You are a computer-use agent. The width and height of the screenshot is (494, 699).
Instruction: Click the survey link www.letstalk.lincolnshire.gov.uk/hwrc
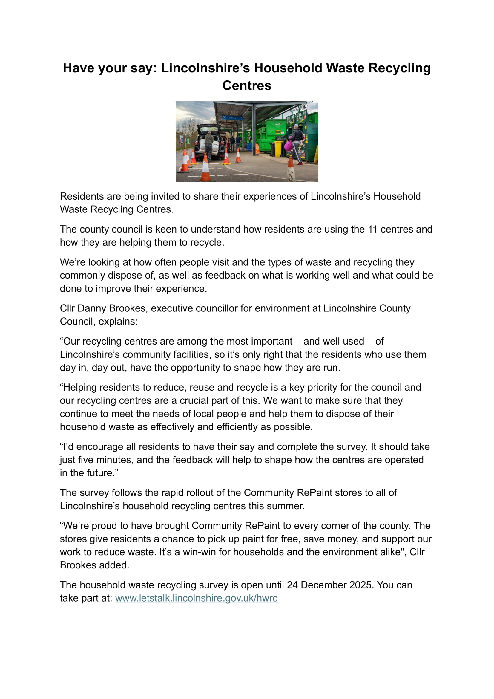(196, 598)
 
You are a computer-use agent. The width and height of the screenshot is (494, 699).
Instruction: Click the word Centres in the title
(247, 85)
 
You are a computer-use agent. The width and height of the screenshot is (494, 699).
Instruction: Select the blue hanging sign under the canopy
(232, 117)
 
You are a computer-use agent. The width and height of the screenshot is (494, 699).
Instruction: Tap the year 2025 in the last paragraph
(361, 585)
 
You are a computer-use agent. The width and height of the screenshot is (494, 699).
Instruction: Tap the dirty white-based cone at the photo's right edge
(291, 170)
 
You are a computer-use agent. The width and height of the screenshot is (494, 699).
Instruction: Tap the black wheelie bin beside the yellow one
(271, 149)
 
